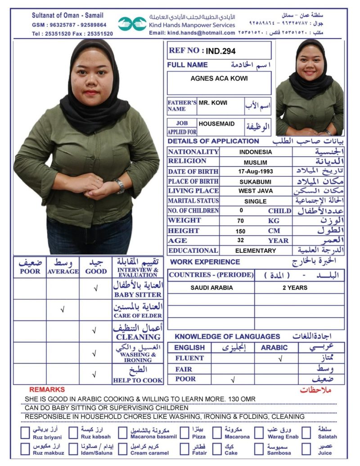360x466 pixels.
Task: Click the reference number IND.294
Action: (x=221, y=51)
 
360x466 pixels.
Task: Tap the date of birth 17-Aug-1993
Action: (x=256, y=171)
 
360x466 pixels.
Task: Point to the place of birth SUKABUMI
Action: (x=256, y=181)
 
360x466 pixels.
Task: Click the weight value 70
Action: (x=241, y=221)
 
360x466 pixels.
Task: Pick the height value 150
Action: (x=241, y=231)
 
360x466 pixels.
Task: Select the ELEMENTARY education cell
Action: (x=256, y=251)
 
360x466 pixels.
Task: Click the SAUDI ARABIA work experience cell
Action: (x=211, y=288)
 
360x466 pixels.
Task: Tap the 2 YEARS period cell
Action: (x=295, y=288)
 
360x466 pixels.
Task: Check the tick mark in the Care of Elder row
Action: (x=63, y=309)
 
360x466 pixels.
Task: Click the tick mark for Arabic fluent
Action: (x=280, y=359)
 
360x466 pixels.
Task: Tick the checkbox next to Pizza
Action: (x=184, y=433)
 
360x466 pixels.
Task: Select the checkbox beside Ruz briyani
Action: (x=25, y=433)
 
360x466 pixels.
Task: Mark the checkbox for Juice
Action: (x=306, y=448)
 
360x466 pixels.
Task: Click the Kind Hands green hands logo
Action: (x=132, y=23)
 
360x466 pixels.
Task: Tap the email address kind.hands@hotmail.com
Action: (x=192, y=33)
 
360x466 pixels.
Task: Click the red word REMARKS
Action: (x=47, y=390)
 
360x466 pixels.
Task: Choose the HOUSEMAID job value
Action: (x=216, y=123)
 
